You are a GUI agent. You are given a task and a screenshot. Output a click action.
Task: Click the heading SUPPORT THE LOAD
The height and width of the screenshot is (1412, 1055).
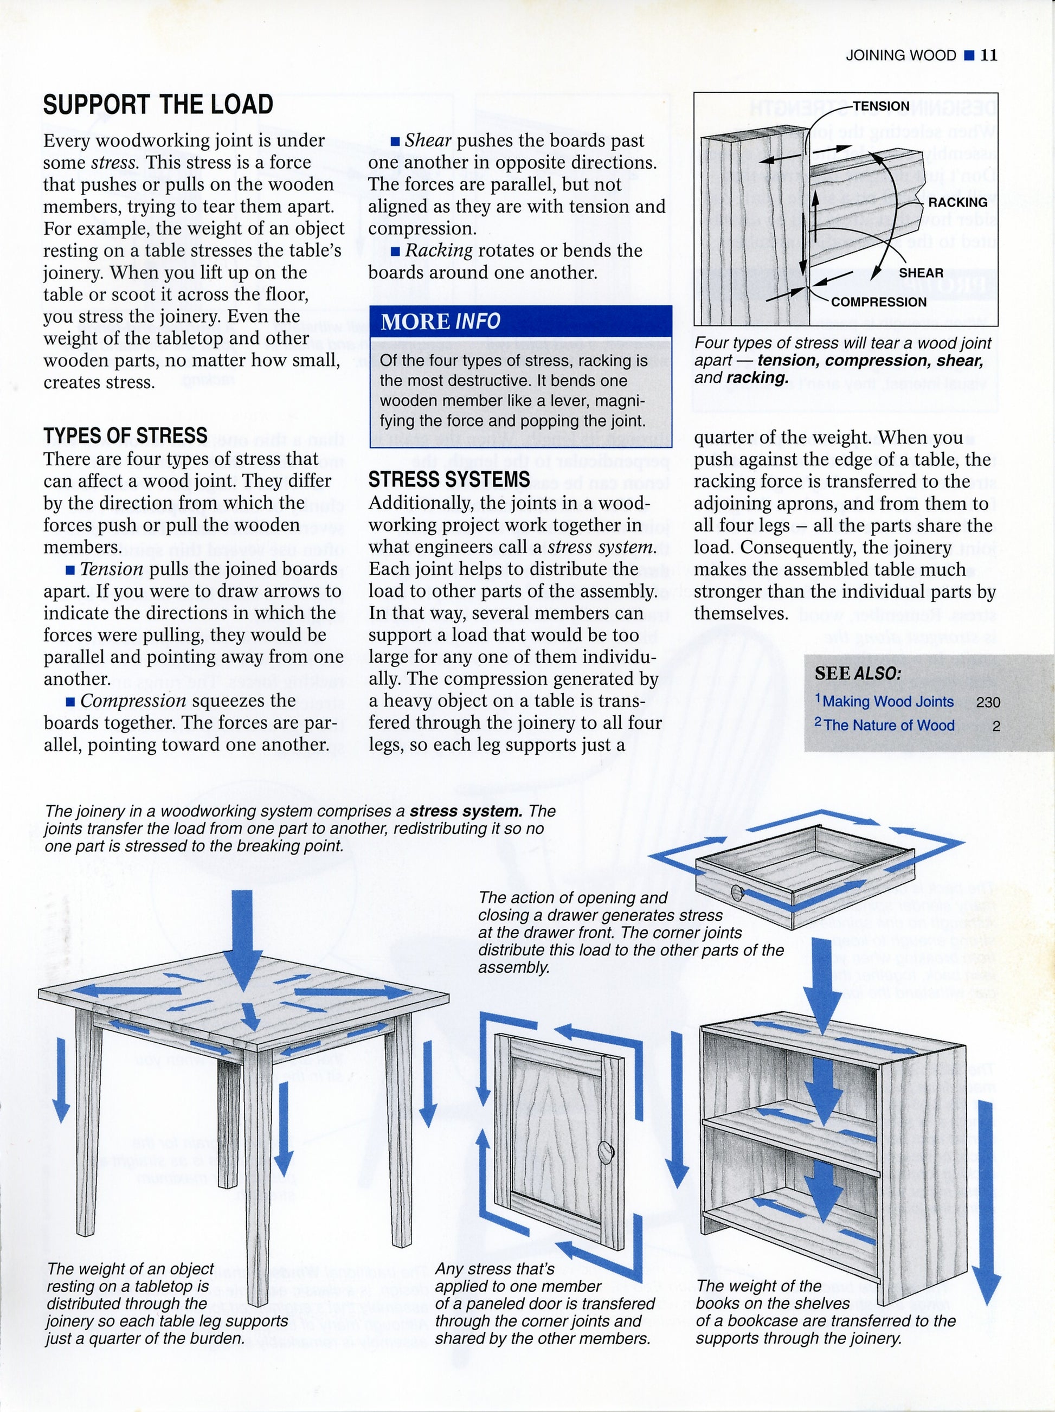(158, 104)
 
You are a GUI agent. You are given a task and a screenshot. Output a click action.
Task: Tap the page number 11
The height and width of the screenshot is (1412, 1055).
(989, 55)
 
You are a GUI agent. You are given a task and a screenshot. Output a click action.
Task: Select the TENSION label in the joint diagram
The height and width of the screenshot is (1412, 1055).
(881, 106)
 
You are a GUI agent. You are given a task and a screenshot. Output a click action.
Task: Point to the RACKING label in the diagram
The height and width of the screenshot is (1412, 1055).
(957, 202)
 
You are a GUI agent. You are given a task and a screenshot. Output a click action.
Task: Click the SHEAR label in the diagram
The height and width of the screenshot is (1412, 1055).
(921, 273)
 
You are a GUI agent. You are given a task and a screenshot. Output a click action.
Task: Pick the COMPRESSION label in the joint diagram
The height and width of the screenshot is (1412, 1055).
(878, 302)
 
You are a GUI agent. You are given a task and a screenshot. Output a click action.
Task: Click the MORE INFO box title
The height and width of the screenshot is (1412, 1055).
(440, 322)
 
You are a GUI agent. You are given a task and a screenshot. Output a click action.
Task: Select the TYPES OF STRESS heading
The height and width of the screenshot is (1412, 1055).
(125, 435)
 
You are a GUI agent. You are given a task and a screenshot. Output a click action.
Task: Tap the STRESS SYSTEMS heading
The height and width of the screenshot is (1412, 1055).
(449, 479)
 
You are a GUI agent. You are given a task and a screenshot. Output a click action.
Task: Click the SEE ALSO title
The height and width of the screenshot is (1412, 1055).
(858, 673)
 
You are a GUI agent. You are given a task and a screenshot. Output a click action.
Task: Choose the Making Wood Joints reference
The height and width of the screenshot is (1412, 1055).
(887, 701)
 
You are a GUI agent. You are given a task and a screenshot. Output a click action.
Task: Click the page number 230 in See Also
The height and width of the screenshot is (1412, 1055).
(988, 702)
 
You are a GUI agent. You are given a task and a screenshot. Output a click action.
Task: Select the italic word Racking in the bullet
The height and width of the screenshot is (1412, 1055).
(439, 250)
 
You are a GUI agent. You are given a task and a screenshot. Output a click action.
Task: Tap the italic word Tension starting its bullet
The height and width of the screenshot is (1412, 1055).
(111, 569)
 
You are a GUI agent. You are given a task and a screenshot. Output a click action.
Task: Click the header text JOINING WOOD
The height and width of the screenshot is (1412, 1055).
(900, 55)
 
